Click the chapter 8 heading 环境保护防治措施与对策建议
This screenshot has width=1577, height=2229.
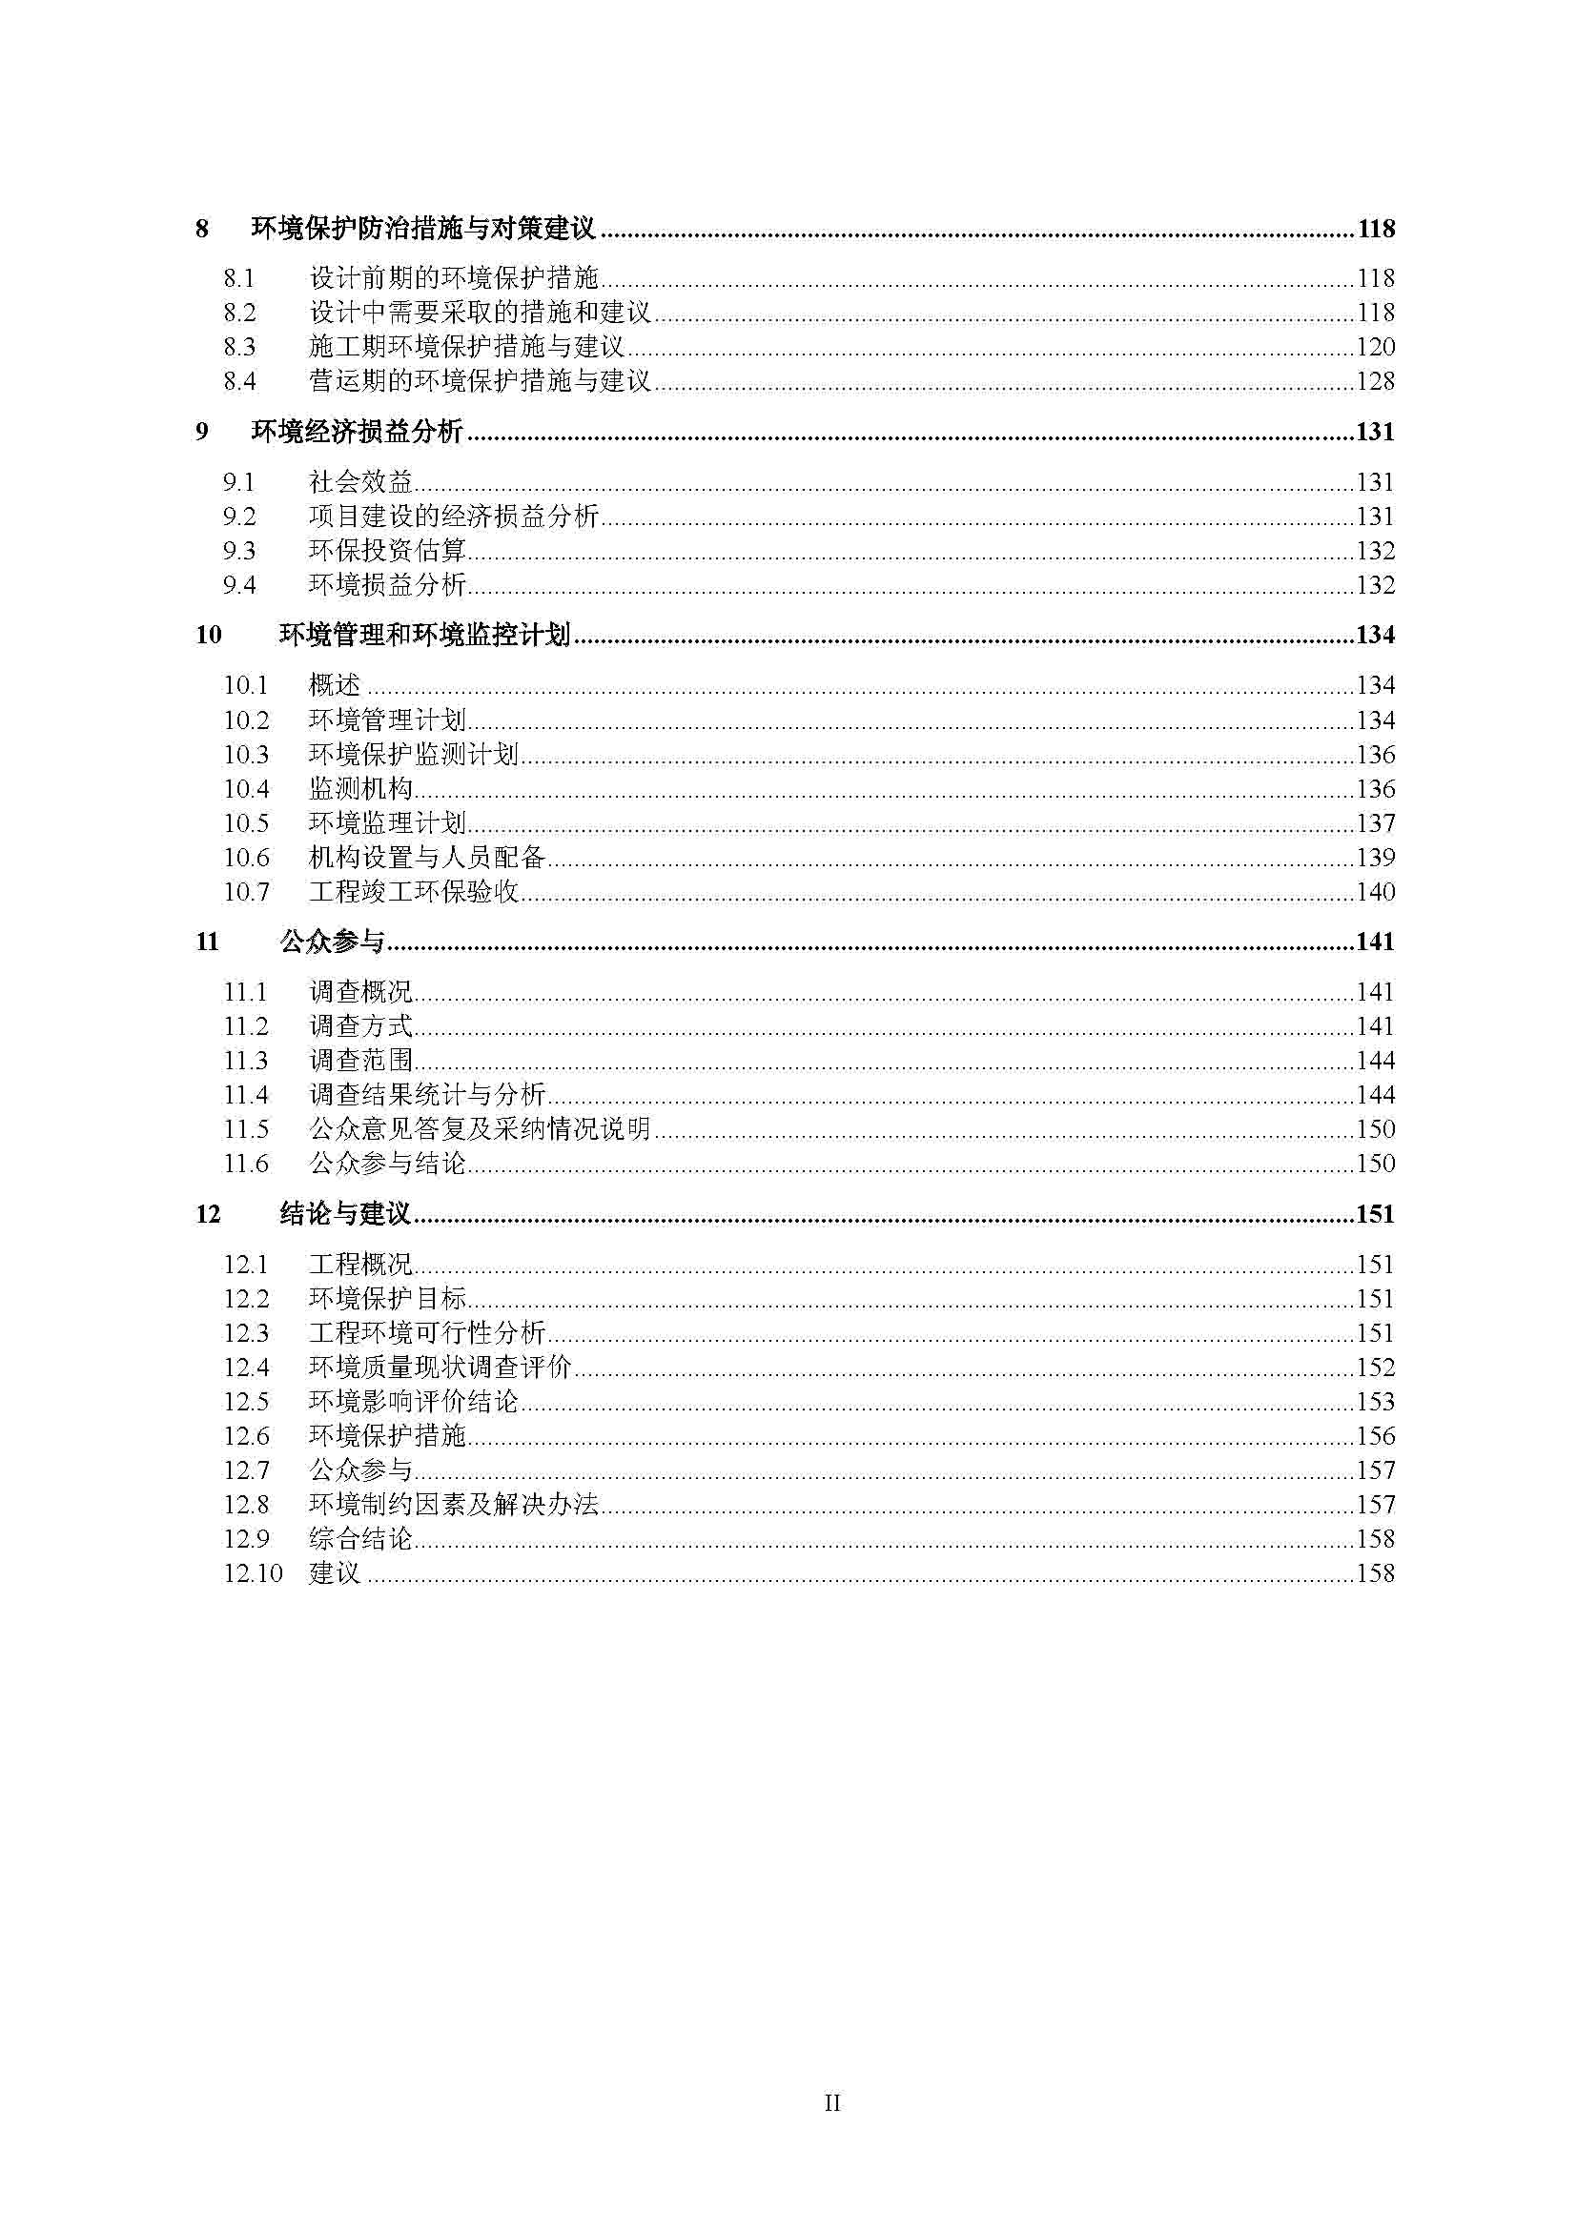click(x=422, y=229)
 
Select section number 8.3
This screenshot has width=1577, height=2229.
click(x=239, y=347)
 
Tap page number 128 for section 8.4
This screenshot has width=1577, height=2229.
click(x=1375, y=380)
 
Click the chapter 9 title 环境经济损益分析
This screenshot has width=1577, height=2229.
click(x=357, y=431)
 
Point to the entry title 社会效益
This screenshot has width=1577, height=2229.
click(x=360, y=481)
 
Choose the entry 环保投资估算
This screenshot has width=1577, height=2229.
click(x=387, y=551)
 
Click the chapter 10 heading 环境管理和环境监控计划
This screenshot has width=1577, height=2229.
click(x=424, y=635)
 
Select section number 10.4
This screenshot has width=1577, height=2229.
click(x=246, y=788)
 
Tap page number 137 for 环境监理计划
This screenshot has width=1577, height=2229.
click(x=1375, y=823)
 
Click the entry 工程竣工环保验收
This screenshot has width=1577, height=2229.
click(x=414, y=891)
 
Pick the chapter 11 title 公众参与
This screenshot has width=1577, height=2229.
click(x=332, y=942)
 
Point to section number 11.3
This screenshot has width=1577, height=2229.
click(x=246, y=1060)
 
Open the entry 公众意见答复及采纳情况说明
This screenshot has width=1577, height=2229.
click(x=480, y=1129)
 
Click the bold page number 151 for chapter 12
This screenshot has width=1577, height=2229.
click(x=1374, y=1213)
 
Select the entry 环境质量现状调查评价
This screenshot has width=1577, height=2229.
click(x=440, y=1367)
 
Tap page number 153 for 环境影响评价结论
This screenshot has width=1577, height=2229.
click(x=1375, y=1401)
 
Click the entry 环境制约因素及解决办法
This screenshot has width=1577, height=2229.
click(x=454, y=1504)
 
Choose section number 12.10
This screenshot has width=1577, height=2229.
click(x=253, y=1572)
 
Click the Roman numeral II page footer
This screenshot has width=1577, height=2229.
click(x=832, y=2103)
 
